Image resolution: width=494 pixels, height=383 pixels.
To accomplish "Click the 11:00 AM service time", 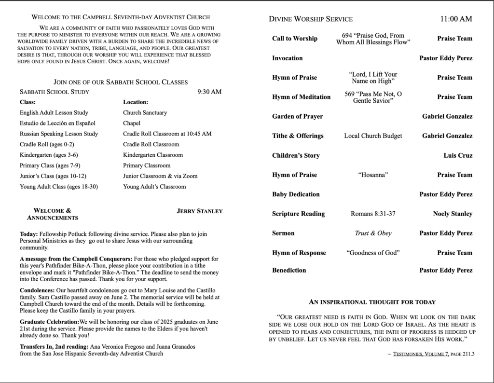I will (456, 19).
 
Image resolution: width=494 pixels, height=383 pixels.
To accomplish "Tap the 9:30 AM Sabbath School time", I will (209, 92).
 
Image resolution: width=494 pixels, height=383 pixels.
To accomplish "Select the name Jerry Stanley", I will (200, 211).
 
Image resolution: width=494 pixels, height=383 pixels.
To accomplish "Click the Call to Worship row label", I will (295, 39).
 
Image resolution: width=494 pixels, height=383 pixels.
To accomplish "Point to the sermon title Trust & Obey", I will (373, 233).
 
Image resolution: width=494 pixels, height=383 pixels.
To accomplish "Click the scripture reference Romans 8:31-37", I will (373, 214).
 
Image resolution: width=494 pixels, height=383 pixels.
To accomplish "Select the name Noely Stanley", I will (453, 214).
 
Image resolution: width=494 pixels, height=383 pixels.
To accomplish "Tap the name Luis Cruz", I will (458, 155).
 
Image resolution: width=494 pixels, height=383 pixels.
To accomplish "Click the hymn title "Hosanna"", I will (373, 175).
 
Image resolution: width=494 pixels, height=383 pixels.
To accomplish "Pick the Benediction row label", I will (289, 270).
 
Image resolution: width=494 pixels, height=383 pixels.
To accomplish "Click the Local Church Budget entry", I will (373, 136).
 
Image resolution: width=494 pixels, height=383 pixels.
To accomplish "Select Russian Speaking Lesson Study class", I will (59, 134).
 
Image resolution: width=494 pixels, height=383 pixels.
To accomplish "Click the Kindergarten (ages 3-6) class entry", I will (49, 155).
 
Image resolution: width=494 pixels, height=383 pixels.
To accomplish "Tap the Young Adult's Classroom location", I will (154, 187).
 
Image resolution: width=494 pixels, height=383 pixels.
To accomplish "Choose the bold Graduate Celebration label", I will (49, 322).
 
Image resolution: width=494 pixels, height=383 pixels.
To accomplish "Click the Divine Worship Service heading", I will (311, 19).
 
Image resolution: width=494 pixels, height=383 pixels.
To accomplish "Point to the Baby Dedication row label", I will (296, 194).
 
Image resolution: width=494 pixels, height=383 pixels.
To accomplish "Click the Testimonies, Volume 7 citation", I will (421, 354).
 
